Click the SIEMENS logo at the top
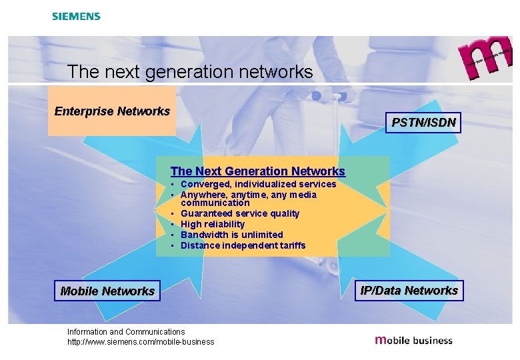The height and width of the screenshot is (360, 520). point(76,16)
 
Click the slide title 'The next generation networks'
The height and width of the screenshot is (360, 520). point(190,72)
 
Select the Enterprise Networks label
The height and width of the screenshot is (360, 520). point(112,111)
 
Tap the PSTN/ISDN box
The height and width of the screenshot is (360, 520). point(423,122)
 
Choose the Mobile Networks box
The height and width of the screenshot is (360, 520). point(107,291)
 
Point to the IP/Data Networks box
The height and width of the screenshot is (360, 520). point(409,290)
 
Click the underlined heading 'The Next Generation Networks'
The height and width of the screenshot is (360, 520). point(257,171)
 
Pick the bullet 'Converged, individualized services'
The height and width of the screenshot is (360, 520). point(258,184)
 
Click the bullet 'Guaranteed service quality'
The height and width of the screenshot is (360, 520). point(240,213)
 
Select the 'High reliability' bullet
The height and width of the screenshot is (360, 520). point(213,224)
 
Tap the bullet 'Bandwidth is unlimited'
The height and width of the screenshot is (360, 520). point(231,235)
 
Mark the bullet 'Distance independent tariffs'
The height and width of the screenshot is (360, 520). point(243,245)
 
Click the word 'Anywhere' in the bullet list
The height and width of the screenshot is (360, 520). point(202,195)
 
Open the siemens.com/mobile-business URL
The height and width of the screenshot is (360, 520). point(141,342)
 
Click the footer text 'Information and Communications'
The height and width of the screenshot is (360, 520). point(126,331)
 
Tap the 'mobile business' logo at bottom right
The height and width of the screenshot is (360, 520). point(413,340)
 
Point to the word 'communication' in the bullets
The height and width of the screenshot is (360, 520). point(215,203)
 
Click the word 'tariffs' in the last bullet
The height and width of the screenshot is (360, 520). point(292,245)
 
